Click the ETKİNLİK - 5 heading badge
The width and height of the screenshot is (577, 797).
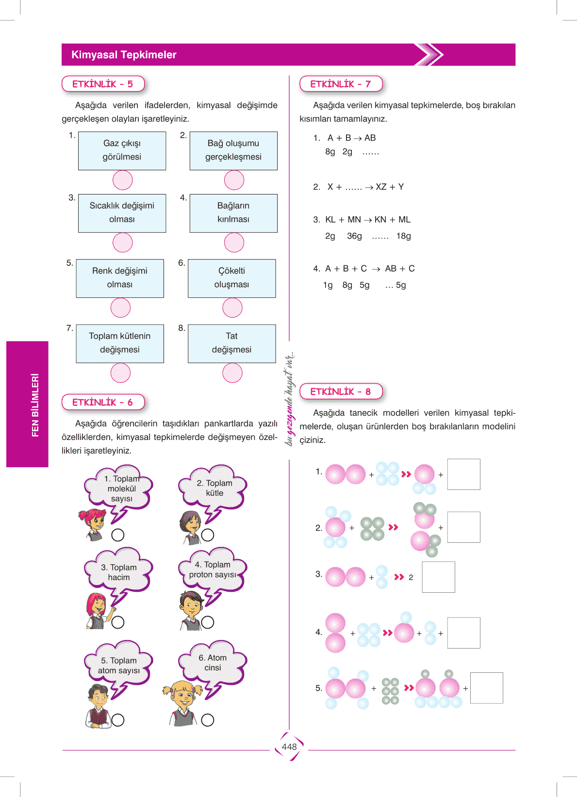[103, 84]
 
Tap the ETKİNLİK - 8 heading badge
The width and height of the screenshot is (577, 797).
[341, 391]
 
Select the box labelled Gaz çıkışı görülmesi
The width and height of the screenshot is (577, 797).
[122, 150]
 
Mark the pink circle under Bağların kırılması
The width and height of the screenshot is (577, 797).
[234, 243]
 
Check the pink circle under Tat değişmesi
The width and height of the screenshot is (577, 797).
[232, 373]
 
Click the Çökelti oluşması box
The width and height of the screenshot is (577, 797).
[231, 278]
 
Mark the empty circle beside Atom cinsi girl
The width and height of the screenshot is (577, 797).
[208, 720]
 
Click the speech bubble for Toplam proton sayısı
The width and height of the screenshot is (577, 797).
[213, 570]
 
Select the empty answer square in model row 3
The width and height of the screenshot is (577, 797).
[438, 577]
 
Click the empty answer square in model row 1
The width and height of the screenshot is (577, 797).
[463, 474]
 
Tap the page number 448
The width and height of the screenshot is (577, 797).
[289, 747]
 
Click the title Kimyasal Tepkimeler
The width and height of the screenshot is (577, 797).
[124, 55]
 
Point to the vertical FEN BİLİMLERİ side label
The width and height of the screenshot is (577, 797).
[35, 405]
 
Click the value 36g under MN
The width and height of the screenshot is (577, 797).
[354, 236]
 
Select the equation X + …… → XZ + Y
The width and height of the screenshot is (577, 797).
[365, 187]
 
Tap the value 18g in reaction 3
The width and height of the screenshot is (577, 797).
[403, 236]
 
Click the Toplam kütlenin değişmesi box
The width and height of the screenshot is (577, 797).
[120, 343]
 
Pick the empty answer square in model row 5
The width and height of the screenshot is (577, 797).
[487, 688]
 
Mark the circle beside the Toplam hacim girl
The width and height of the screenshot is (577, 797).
[118, 622]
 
